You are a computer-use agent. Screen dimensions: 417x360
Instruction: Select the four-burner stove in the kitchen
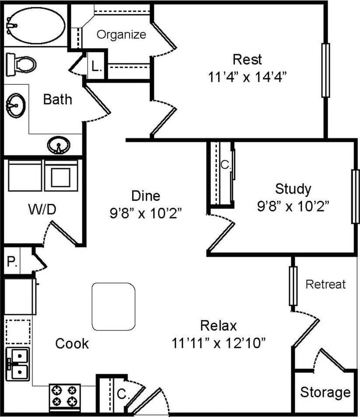tap(65, 396)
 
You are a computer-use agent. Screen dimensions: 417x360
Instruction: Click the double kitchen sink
tap(19, 364)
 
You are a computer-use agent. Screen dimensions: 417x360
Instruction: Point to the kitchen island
tap(113, 306)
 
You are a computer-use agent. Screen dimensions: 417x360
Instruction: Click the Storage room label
tap(325, 392)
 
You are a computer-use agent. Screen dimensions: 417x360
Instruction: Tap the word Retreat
tap(325, 285)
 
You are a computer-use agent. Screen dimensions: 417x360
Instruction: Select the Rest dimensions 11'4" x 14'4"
tap(247, 77)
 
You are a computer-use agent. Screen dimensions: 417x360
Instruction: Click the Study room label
tap(293, 189)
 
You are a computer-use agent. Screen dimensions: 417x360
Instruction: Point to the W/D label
tap(42, 209)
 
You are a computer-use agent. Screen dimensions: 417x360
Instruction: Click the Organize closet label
tap(121, 35)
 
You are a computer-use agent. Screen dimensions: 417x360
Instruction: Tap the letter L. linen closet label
tap(97, 68)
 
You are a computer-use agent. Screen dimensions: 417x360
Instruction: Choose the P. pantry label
tap(11, 262)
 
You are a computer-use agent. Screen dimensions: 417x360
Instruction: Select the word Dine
tap(146, 195)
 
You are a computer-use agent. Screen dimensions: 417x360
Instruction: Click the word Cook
tap(72, 344)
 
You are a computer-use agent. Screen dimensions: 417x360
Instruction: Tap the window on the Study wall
tap(355, 196)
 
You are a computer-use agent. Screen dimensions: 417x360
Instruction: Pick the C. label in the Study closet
tap(225, 165)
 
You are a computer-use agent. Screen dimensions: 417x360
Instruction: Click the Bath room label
tap(57, 99)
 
